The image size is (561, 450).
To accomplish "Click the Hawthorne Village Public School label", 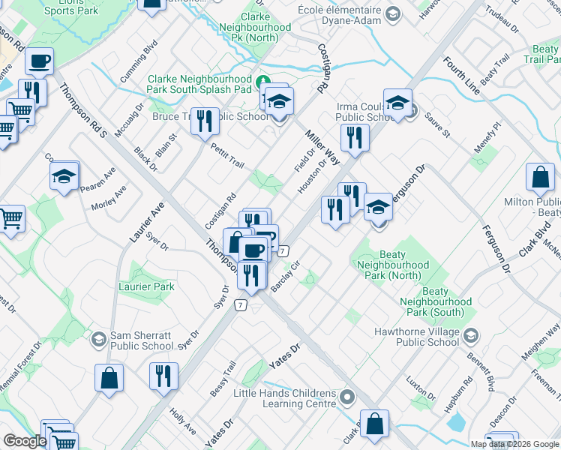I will point(417,336).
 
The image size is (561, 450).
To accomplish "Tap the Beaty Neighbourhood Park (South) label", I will point(436,301).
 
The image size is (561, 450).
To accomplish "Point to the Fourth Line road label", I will point(461,76).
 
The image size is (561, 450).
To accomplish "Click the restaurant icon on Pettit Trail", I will point(204,121).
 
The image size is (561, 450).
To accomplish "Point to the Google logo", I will point(25,442).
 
